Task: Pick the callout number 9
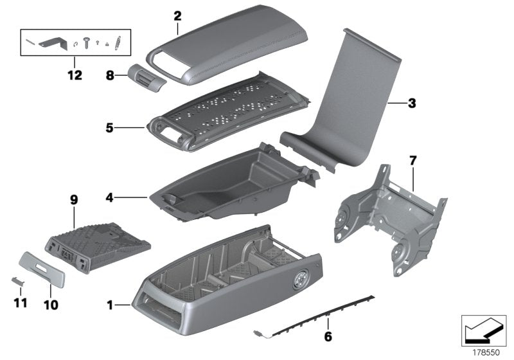[75, 201]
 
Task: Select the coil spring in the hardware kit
[117, 44]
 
